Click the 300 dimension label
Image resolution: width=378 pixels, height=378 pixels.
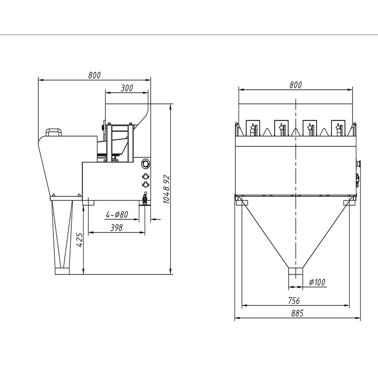[x=127, y=88]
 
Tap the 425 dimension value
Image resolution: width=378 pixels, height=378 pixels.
[x=79, y=240]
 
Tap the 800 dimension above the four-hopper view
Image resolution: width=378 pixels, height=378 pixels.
[x=295, y=85]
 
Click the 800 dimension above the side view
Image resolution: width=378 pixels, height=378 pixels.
[x=94, y=75]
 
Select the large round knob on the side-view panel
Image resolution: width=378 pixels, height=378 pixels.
[x=145, y=164]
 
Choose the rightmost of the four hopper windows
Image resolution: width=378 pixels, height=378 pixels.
[x=338, y=128]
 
